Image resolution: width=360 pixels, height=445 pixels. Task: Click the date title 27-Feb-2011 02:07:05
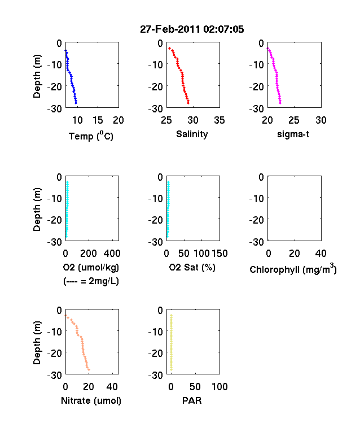pyautogui.click(x=192, y=29)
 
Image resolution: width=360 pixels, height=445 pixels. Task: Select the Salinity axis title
pyautogui.click(x=192, y=134)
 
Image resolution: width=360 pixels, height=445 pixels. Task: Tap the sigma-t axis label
pyautogui.click(x=293, y=134)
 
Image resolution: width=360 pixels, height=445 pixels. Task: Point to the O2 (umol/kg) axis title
pyautogui.click(x=91, y=267)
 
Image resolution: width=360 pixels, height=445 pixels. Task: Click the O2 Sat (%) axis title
pyautogui.click(x=192, y=267)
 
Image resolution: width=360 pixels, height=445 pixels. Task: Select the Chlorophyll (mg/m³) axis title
pyautogui.click(x=293, y=269)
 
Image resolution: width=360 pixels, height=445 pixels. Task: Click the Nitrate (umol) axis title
pyautogui.click(x=91, y=400)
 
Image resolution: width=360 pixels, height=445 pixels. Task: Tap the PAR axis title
pyautogui.click(x=192, y=400)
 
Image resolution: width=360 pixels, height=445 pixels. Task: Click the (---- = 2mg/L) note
pyautogui.click(x=91, y=281)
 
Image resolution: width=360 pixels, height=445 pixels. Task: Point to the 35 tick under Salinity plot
pyautogui.click(x=219, y=120)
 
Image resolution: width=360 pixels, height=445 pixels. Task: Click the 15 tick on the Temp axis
pyautogui.click(x=98, y=120)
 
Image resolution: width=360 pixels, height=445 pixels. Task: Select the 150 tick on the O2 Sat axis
pyautogui.click(x=219, y=253)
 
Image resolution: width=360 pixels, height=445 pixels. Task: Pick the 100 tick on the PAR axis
pyautogui.click(x=219, y=386)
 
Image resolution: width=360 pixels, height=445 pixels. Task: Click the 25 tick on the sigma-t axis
pyautogui.click(x=294, y=120)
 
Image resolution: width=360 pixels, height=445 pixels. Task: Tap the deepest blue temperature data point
pyautogui.click(x=76, y=103)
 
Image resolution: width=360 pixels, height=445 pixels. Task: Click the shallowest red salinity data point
pyautogui.click(x=169, y=48)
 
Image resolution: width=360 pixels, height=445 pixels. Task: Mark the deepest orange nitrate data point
pyautogui.click(x=89, y=369)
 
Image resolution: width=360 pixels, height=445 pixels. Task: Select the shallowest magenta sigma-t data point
pyautogui.click(x=267, y=49)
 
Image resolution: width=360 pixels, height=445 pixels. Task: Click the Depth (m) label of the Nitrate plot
pyautogui.click(x=37, y=343)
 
